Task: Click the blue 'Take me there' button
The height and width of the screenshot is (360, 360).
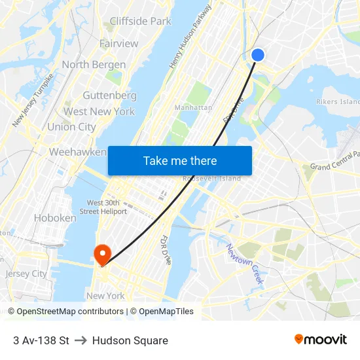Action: pos(180,160)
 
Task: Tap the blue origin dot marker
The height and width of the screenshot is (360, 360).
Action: pos(258,55)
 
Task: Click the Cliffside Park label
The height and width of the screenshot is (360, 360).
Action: pos(140,21)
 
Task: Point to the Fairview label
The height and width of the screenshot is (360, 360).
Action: pos(119,43)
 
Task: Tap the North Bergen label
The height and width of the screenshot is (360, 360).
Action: pos(94,64)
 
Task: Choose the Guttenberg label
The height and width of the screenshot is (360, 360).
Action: pos(109,95)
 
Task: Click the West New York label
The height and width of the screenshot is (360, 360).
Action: pos(99,111)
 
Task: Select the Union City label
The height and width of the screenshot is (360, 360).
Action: pos(71,126)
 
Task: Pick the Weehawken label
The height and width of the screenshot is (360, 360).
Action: pos(78,152)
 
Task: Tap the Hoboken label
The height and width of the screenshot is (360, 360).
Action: pos(55,218)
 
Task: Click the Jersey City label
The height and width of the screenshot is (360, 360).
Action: pos(26,274)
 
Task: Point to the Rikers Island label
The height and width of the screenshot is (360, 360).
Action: pos(338,101)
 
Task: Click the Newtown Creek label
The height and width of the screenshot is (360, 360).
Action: pos(245,263)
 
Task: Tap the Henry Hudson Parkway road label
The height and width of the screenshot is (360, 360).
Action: pos(190,37)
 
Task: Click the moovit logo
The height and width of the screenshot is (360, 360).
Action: pos(321,340)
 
